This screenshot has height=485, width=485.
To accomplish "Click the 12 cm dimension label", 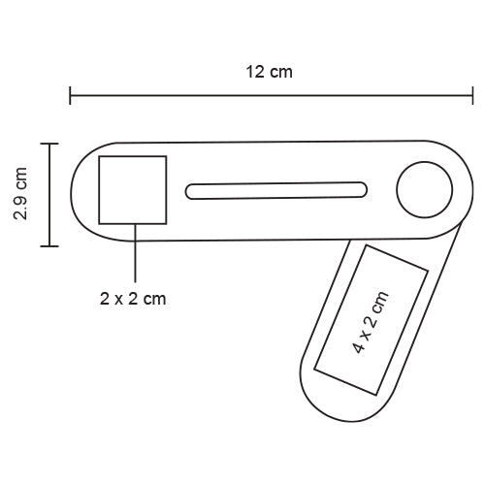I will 269,72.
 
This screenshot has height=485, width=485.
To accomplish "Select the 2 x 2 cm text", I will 133,299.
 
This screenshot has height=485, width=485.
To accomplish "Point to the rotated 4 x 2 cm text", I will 371,321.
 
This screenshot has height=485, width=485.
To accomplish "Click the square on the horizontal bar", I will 133,189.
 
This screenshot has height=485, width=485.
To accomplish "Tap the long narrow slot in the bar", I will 277,190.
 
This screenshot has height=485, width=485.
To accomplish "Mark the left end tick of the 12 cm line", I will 70,96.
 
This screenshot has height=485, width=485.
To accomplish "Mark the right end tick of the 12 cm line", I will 473,96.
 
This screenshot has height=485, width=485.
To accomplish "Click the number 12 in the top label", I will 256,72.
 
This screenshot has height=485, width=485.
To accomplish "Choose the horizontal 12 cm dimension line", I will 272,96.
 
